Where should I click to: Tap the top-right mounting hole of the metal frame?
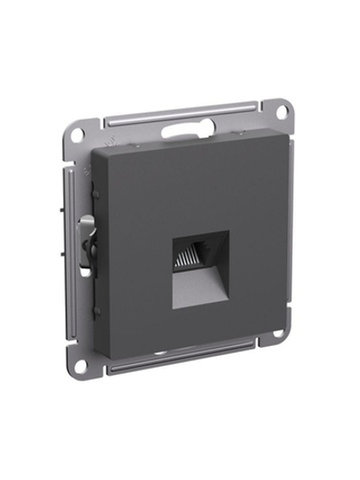click(x=281, y=111)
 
